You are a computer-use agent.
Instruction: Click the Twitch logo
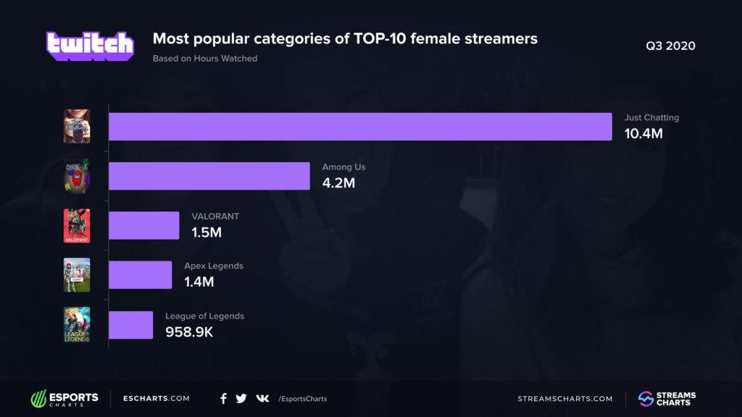pyautogui.click(x=91, y=46)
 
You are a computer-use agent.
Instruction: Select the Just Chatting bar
pyautogui.click(x=360, y=127)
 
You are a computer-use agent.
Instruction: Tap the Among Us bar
pyautogui.click(x=209, y=176)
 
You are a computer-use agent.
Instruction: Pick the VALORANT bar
pyautogui.click(x=143, y=225)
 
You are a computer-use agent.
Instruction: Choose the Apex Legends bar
pyautogui.click(x=140, y=275)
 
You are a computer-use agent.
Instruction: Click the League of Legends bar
pyautogui.click(x=130, y=325)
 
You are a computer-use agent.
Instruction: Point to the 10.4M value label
pyautogui.click(x=643, y=134)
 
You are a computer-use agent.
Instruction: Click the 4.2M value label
pyautogui.click(x=338, y=183)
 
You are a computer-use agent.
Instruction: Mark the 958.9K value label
pyautogui.click(x=188, y=332)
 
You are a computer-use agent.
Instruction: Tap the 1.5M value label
pyautogui.click(x=207, y=232)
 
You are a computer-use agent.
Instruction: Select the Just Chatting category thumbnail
pyautogui.click(x=77, y=127)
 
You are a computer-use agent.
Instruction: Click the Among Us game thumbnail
pyautogui.click(x=77, y=176)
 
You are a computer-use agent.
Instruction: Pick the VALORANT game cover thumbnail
pyautogui.click(x=77, y=225)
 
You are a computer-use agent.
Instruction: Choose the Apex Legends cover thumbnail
pyautogui.click(x=77, y=275)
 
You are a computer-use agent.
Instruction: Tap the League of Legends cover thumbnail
pyautogui.click(x=77, y=325)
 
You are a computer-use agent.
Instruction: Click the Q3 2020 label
pyautogui.click(x=670, y=46)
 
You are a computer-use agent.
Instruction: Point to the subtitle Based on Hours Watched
pyautogui.click(x=205, y=59)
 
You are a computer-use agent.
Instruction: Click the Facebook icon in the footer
pyautogui.click(x=223, y=398)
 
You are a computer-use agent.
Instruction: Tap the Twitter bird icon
pyautogui.click(x=241, y=398)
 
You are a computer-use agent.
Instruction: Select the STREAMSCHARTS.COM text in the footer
pyautogui.click(x=565, y=398)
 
